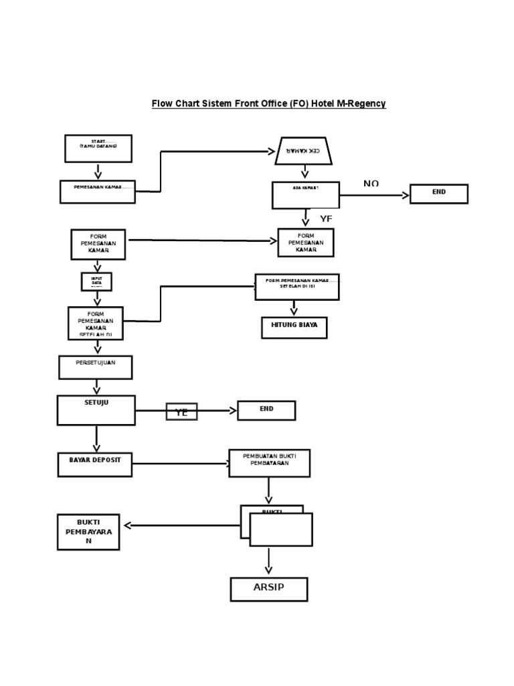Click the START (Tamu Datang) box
pos(98,148)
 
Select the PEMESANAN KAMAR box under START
pos(97,192)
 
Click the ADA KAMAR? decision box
pos(305,195)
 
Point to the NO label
pos(371,184)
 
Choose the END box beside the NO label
pos(438,194)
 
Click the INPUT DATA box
pos(97,281)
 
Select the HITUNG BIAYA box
pos(294,328)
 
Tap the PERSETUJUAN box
pos(95,367)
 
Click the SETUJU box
pos(96,410)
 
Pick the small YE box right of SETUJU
pos(181,411)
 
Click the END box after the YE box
pos(266,410)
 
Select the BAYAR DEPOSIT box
pos(94,464)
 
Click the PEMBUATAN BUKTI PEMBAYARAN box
pos(269,463)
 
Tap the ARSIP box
pos(268,589)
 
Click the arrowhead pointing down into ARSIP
pos(268,570)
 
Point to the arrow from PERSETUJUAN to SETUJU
pos(97,387)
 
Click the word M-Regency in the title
pos(362,104)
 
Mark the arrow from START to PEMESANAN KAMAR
pos(98,171)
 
